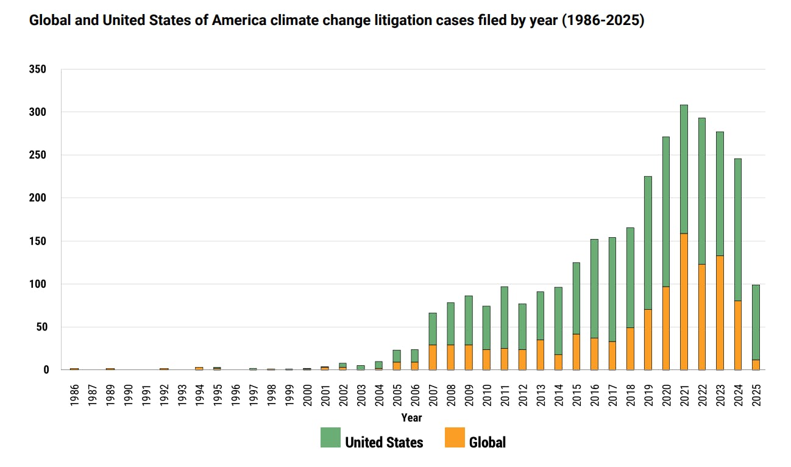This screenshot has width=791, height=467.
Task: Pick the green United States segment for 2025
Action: click(x=756, y=322)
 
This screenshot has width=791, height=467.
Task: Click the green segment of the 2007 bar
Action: click(x=433, y=329)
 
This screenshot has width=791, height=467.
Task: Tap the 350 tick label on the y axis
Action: click(x=38, y=70)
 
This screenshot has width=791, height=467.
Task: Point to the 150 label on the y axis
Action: click(x=38, y=241)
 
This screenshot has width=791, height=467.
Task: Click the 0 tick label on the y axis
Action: click(x=46, y=370)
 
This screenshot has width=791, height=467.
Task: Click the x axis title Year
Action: click(x=411, y=418)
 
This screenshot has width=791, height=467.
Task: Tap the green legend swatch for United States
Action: click(x=330, y=438)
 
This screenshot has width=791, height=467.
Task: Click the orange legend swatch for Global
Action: click(x=455, y=438)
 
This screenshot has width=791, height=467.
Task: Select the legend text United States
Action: click(x=384, y=442)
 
